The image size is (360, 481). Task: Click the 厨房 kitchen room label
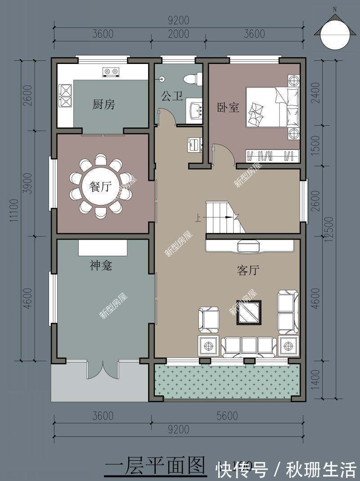(103, 105)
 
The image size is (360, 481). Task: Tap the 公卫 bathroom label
(172, 96)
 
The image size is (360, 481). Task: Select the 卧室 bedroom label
(228, 108)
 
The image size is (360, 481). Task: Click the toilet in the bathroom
(191, 78)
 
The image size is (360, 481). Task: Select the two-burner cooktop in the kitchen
(111, 71)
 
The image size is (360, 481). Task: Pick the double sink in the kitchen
(65, 95)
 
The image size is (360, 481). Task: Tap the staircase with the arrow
(224, 217)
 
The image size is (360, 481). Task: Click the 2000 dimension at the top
(179, 34)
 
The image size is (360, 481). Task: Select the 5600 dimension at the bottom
(226, 416)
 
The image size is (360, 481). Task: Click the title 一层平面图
(154, 467)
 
